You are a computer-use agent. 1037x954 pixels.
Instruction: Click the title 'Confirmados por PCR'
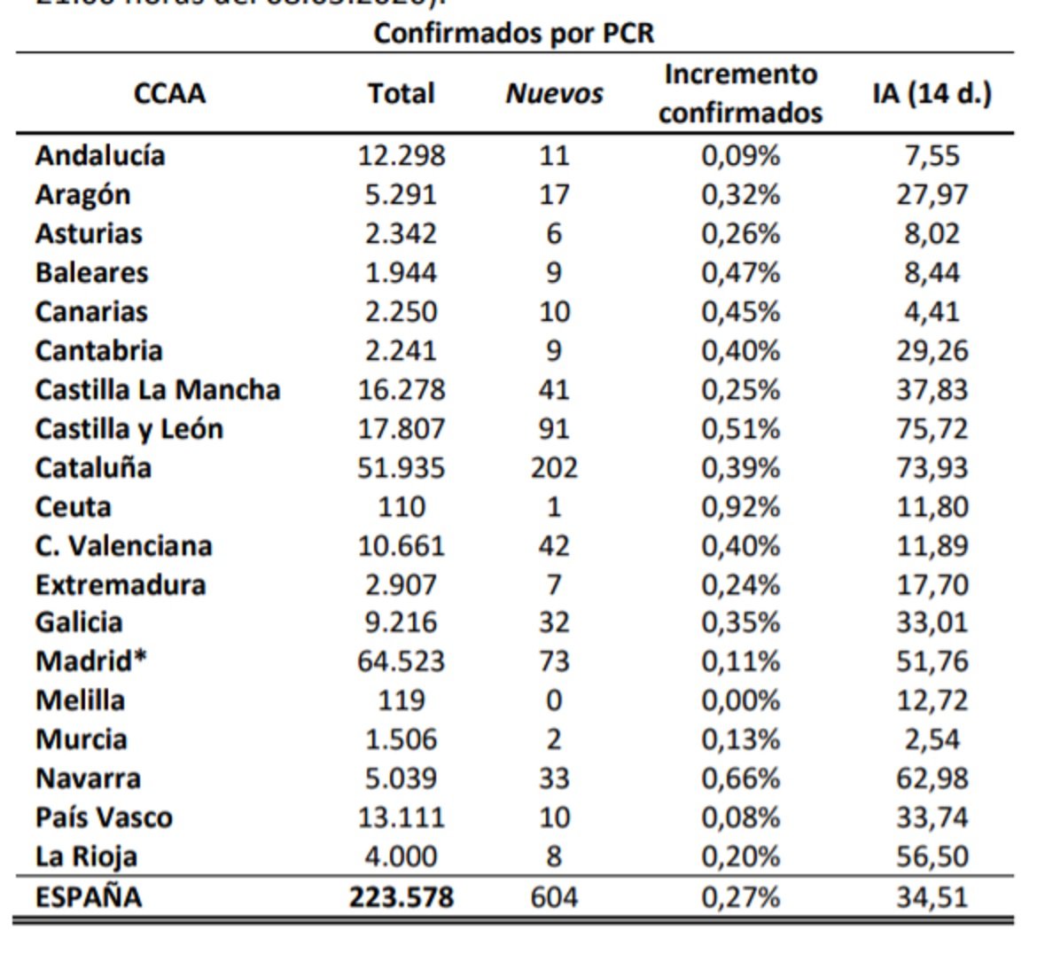pyautogui.click(x=513, y=34)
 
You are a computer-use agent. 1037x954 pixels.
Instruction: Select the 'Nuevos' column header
pyautogui.click(x=554, y=94)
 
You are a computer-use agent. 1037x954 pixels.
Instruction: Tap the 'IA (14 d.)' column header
pyautogui.click(x=932, y=93)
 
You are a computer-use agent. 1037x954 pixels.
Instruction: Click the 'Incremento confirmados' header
pyautogui.click(x=740, y=94)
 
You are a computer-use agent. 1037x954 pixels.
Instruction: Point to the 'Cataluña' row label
pyautogui.click(x=93, y=467)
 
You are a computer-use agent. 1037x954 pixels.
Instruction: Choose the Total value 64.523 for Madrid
pyautogui.click(x=402, y=661)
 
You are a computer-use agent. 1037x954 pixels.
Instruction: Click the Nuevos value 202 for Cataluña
pyautogui.click(x=554, y=467)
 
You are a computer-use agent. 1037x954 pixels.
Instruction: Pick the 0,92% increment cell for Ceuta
pyautogui.click(x=740, y=507)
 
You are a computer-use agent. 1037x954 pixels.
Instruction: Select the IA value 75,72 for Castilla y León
pyautogui.click(x=932, y=429)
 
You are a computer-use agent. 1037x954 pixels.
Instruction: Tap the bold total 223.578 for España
pyautogui.click(x=402, y=897)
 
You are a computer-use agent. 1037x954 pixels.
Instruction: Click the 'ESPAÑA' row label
pyautogui.click(x=88, y=897)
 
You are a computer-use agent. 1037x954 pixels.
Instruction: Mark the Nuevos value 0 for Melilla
pyautogui.click(x=554, y=700)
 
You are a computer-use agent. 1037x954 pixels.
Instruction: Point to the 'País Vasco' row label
pyautogui.click(x=104, y=817)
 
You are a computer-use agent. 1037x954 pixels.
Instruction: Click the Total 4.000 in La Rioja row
pyautogui.click(x=402, y=856)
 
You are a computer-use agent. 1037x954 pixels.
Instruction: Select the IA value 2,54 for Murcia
pyautogui.click(x=932, y=739)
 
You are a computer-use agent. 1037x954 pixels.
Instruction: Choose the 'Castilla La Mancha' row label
pyautogui.click(x=158, y=390)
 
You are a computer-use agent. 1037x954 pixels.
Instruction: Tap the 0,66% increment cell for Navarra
pyautogui.click(x=740, y=778)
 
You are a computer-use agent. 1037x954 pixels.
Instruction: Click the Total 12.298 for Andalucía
pyautogui.click(x=402, y=156)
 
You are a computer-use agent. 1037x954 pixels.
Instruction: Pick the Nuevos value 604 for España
pyautogui.click(x=554, y=897)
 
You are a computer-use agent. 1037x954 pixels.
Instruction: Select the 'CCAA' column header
pyautogui.click(x=169, y=94)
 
